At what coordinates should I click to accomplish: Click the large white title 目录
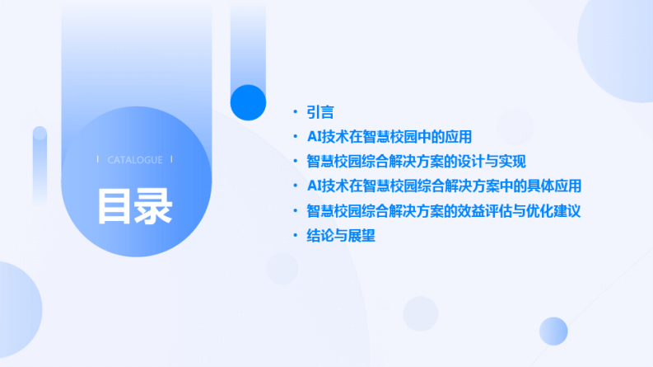(135, 206)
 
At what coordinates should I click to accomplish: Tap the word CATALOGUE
(135, 160)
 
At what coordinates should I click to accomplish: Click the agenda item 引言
(320, 112)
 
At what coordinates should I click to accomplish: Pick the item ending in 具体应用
(444, 186)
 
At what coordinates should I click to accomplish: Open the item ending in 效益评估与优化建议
(444, 211)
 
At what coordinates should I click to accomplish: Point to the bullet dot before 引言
(296, 112)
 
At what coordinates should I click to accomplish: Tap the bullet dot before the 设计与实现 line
(296, 162)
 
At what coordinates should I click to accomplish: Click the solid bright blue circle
(248, 102)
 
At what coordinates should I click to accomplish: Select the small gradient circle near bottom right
(553, 331)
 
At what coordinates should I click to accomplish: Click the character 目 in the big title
(115, 206)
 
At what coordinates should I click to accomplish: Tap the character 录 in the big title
(154, 206)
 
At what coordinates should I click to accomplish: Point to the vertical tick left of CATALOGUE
(98, 160)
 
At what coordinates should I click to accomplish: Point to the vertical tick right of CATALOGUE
(172, 160)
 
